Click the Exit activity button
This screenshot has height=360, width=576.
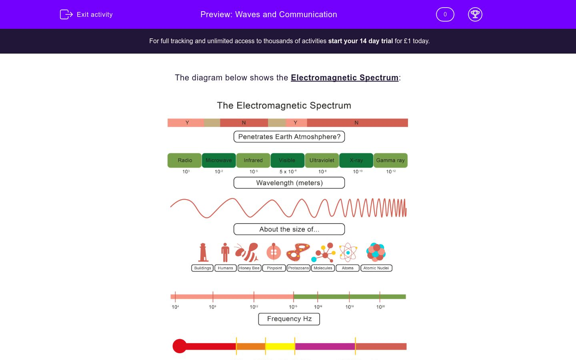[x=86, y=14]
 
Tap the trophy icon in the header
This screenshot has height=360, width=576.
[x=475, y=14]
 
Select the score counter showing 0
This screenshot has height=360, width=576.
[x=445, y=14]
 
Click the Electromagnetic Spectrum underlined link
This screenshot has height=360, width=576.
[x=344, y=78]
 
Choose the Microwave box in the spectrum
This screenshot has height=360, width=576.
[x=219, y=160]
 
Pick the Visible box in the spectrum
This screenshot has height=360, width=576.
[x=287, y=160]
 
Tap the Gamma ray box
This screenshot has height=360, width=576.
[x=390, y=160]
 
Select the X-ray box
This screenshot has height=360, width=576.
[x=356, y=160]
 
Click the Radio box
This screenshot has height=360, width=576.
[x=185, y=160]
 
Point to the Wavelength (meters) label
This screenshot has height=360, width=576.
[x=289, y=183]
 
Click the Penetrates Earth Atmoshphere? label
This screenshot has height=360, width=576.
[x=289, y=137]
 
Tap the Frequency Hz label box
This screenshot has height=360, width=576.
[x=289, y=319]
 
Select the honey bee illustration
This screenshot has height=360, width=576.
[x=247, y=252]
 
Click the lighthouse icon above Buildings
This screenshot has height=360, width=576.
[x=203, y=252]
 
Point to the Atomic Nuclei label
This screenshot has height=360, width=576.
[x=376, y=268]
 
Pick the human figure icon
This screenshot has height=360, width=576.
[x=225, y=252]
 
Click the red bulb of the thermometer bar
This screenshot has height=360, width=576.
[x=180, y=346]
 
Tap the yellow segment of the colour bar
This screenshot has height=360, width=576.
[x=280, y=346]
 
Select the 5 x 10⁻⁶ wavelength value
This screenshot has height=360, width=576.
[x=288, y=172]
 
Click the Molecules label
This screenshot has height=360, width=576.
[x=323, y=268]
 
